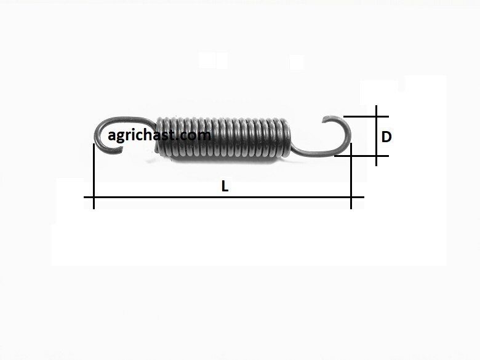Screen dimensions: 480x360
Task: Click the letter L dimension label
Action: (225, 186)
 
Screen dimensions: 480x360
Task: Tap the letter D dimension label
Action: (386, 137)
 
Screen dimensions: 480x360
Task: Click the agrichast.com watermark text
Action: (159, 135)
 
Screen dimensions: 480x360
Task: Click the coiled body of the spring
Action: (223, 137)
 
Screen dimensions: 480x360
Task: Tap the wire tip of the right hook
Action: (325, 120)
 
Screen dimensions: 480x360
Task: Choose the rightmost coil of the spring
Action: (287, 138)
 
